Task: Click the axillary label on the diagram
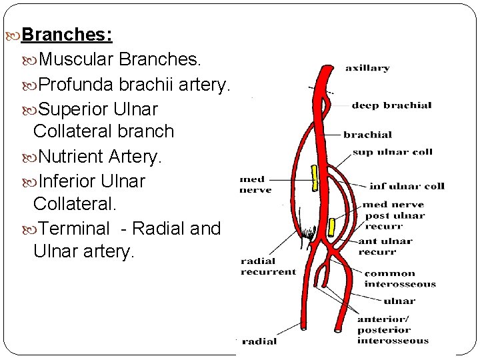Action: tap(367, 68)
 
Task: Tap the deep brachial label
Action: tap(391, 105)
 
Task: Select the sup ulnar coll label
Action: tap(392, 152)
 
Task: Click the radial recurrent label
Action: tap(268, 267)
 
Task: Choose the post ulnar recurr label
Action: tap(394, 221)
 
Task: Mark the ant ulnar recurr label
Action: tap(385, 246)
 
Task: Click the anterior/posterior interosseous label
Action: tap(393, 329)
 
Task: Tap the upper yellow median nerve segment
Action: tap(313, 175)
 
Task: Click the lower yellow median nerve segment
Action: tap(331, 227)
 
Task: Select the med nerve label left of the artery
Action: tap(255, 185)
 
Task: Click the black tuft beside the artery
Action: tap(308, 233)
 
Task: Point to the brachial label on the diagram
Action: tap(368, 135)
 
